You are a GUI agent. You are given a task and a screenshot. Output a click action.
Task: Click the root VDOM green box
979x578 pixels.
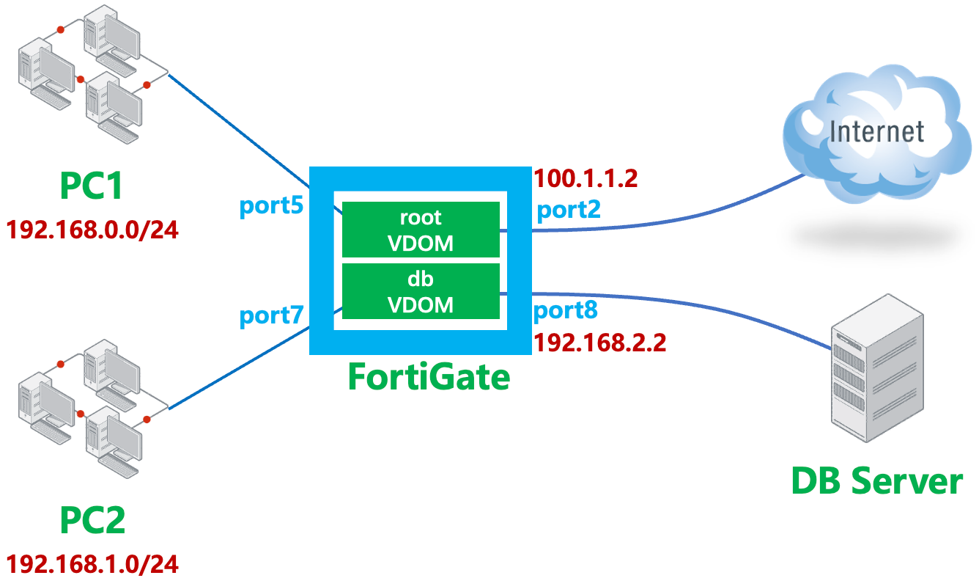(x=421, y=230)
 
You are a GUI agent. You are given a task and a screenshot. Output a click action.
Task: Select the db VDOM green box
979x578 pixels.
(x=421, y=291)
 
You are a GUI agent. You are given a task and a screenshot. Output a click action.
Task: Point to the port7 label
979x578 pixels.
(x=271, y=317)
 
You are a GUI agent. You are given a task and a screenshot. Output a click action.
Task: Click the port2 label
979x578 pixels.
(x=569, y=211)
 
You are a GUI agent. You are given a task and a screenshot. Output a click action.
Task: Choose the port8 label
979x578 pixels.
(x=565, y=311)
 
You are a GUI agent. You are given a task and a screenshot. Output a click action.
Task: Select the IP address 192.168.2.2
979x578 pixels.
(x=600, y=342)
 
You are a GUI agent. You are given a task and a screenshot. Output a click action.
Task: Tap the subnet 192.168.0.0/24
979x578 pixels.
(x=92, y=230)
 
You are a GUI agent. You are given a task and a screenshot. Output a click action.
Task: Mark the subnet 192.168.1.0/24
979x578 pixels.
(x=92, y=563)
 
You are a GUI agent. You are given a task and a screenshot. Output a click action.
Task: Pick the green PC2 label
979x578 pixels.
(x=92, y=521)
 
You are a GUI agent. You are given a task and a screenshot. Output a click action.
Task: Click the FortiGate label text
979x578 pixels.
(x=428, y=377)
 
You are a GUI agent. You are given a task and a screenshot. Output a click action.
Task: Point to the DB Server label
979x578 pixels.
(x=876, y=481)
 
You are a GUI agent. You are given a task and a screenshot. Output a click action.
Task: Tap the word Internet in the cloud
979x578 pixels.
(x=876, y=132)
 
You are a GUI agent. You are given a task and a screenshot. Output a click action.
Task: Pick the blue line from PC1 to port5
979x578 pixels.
(x=242, y=128)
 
